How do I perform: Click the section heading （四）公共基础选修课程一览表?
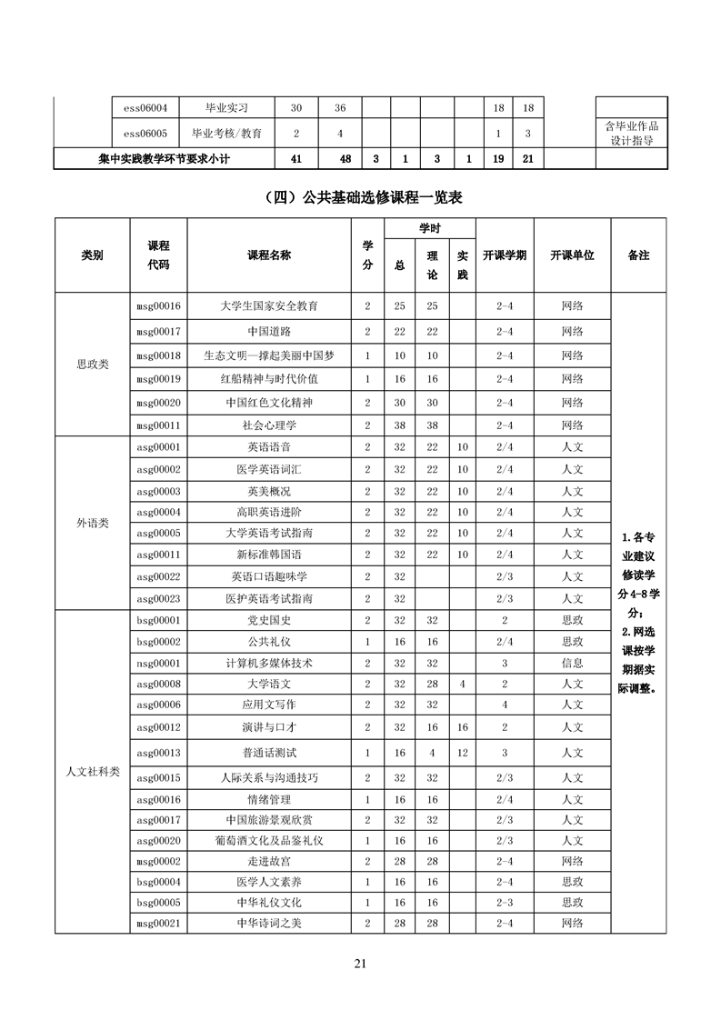click(x=360, y=195)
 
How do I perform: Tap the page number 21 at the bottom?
click(x=360, y=965)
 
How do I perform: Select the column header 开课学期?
click(x=504, y=255)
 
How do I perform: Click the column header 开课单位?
click(x=572, y=255)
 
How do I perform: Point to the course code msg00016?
click(x=157, y=306)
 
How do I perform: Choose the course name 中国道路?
click(x=269, y=331)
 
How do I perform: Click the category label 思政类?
click(x=92, y=364)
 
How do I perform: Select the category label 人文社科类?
click(x=92, y=772)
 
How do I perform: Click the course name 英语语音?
click(x=269, y=447)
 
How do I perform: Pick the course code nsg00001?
click(x=157, y=663)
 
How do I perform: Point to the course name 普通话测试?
click(x=269, y=753)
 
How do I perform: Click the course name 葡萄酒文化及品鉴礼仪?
click(x=269, y=841)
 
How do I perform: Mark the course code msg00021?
click(x=157, y=923)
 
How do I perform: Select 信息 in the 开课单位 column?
click(x=572, y=663)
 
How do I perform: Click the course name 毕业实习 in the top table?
click(x=226, y=108)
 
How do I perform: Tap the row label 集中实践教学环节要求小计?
click(x=164, y=159)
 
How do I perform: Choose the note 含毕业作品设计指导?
click(x=632, y=133)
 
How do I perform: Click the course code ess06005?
click(x=145, y=134)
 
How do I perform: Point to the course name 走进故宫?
click(x=269, y=860)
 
